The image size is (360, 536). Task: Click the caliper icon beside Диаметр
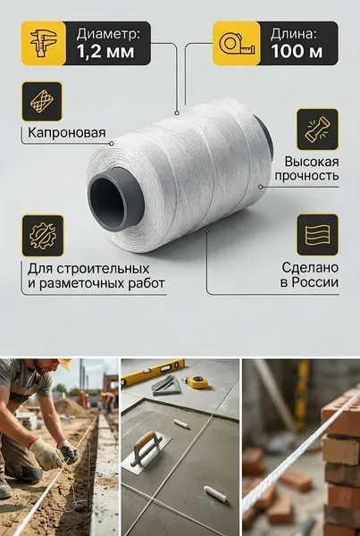[x=44, y=43]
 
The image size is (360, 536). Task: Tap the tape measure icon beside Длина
[x=237, y=44]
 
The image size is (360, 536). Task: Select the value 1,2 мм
[x=105, y=52]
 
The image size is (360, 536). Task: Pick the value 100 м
[x=297, y=52]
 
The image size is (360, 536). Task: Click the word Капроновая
[x=67, y=132]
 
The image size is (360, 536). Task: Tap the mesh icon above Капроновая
[x=42, y=101]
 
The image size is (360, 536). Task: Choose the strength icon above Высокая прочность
[x=317, y=130]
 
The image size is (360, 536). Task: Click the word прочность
[x=306, y=176]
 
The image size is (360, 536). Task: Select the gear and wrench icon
[x=43, y=236]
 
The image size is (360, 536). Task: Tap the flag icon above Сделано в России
[x=317, y=235]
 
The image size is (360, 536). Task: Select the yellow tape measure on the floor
[x=197, y=382]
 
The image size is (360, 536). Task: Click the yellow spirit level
[x=153, y=373]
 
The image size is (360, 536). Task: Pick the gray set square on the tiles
[x=166, y=386]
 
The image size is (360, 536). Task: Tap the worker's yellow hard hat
[x=64, y=364]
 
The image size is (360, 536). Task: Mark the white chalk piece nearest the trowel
[x=181, y=423]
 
